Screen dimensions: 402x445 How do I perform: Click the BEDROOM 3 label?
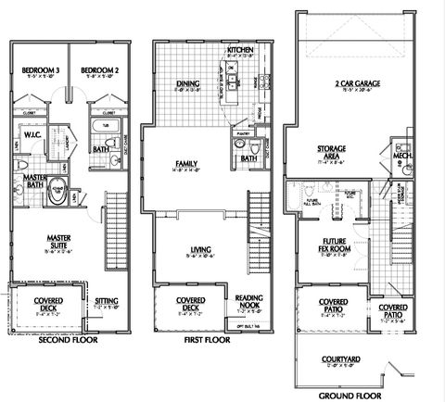click(x=41, y=69)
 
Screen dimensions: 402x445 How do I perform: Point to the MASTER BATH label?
click(x=36, y=181)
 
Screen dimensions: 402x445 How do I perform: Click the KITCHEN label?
click(x=241, y=49)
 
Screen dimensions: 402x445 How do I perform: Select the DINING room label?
click(x=188, y=84)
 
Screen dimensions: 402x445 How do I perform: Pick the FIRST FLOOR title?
click(x=206, y=340)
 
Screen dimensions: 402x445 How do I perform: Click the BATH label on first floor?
click(x=248, y=158)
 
